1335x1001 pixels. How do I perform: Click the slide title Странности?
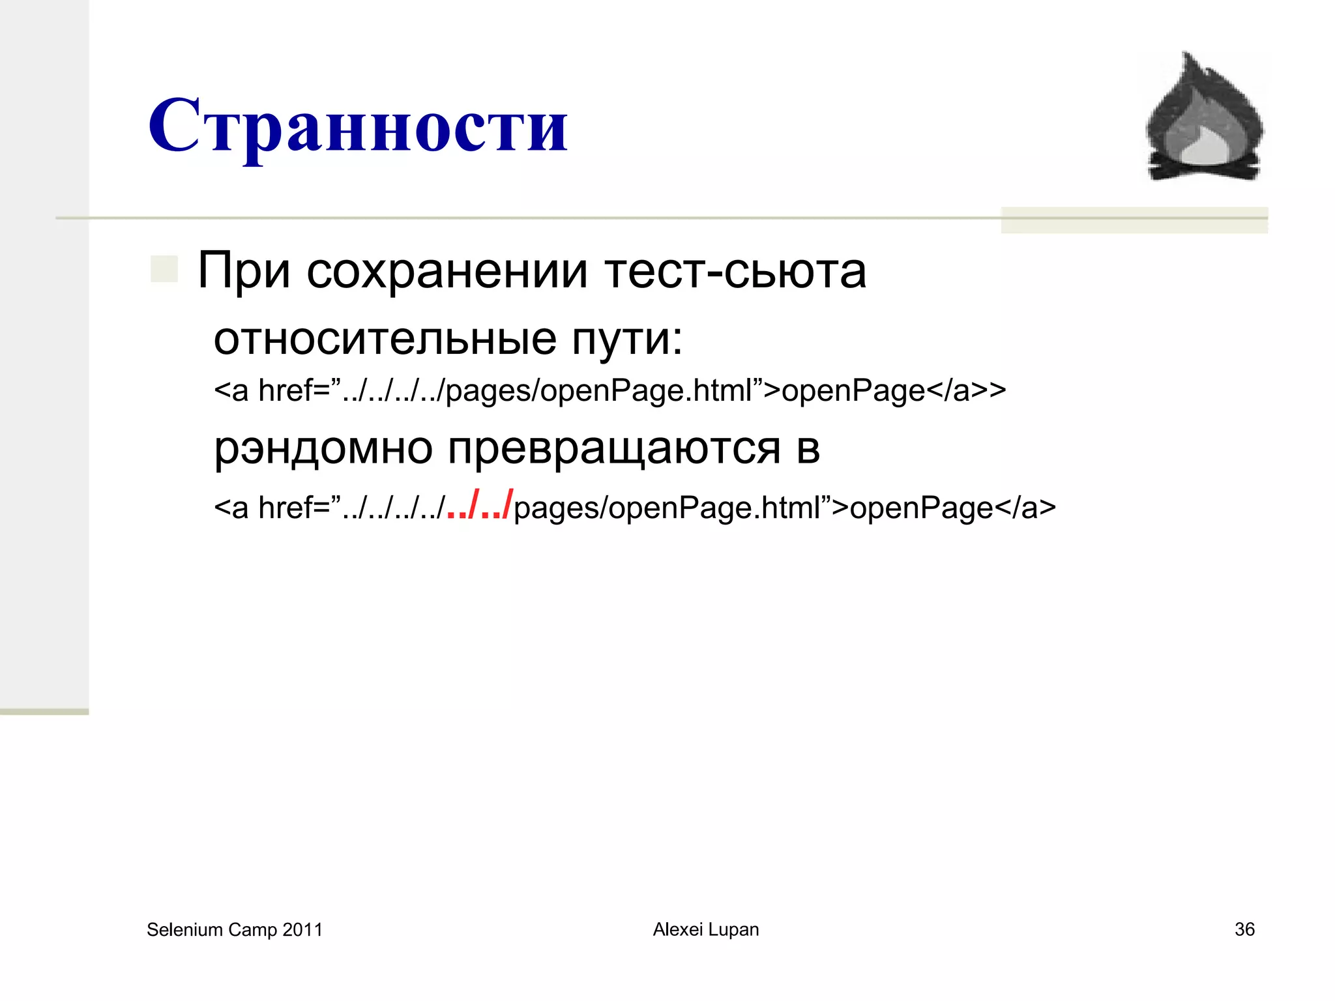click(358, 125)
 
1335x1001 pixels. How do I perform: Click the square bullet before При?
click(164, 269)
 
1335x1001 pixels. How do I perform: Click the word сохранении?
click(447, 270)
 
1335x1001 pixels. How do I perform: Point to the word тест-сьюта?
click(735, 270)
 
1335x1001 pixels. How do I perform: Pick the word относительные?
click(385, 339)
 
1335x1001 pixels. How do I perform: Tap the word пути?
click(627, 340)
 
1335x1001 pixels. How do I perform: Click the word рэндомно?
click(323, 448)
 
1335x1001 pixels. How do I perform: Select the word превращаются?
click(614, 448)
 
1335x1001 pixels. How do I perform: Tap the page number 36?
click(1244, 929)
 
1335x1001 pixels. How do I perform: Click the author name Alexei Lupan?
click(706, 929)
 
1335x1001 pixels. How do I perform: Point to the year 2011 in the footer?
click(302, 930)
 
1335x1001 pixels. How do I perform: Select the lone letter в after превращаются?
click(808, 448)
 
